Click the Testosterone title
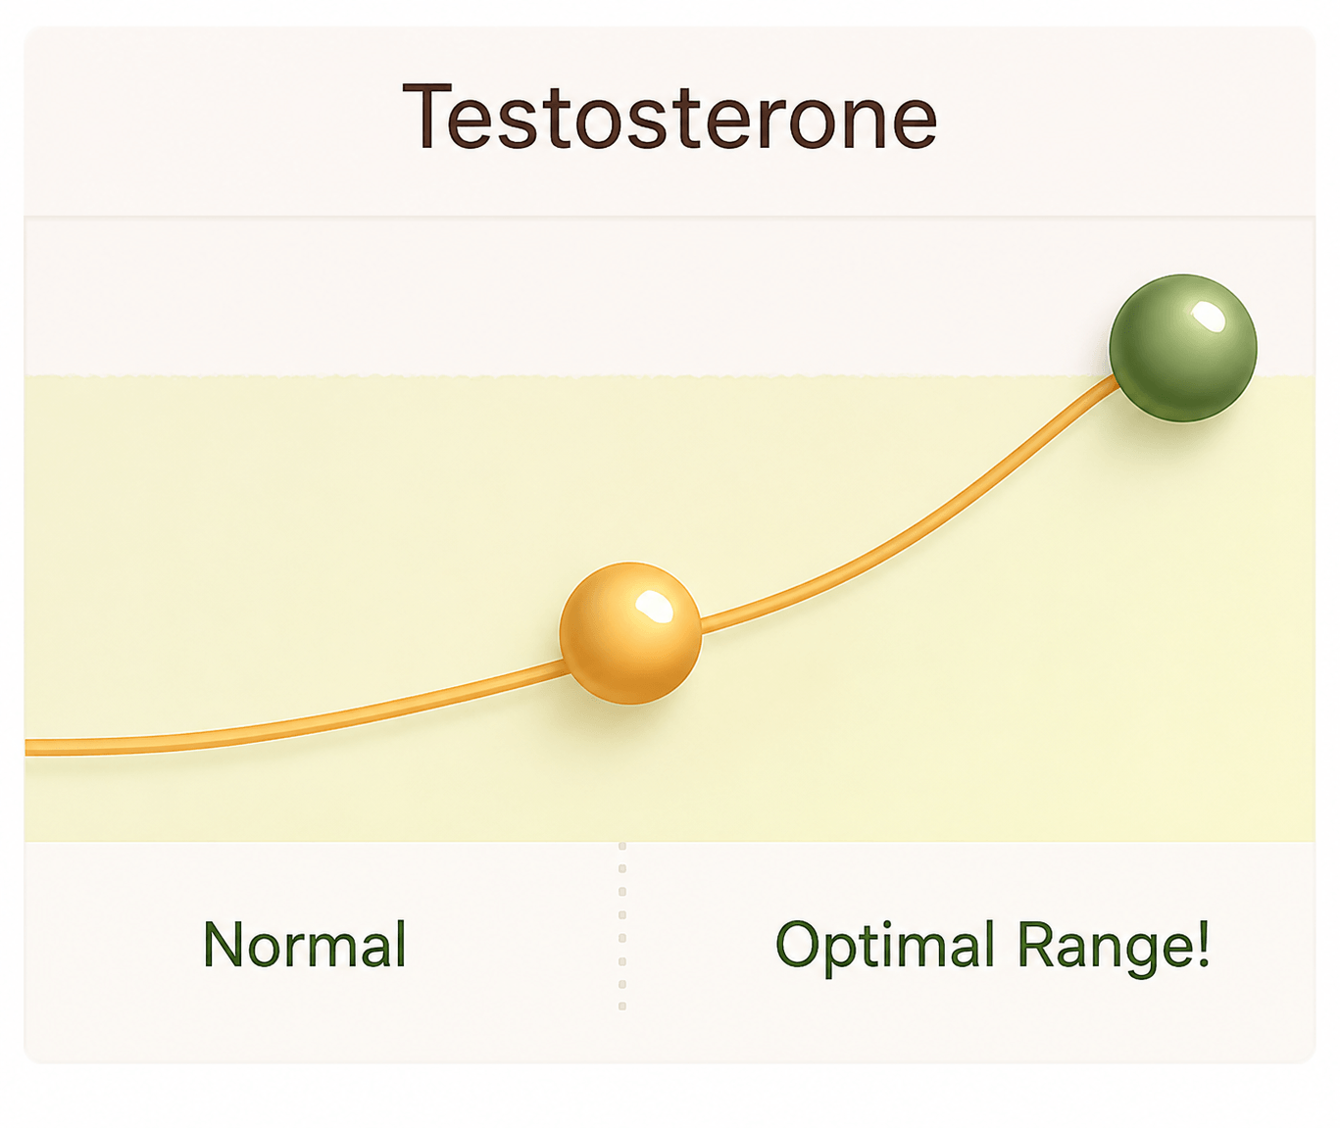670,117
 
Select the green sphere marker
1183,349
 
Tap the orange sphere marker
630,633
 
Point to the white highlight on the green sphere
1208,317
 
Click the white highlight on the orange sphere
654,607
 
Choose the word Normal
305,944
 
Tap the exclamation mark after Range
1202,944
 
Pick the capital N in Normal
223,944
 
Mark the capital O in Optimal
798,944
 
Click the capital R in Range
1037,944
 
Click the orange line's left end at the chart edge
26,748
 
